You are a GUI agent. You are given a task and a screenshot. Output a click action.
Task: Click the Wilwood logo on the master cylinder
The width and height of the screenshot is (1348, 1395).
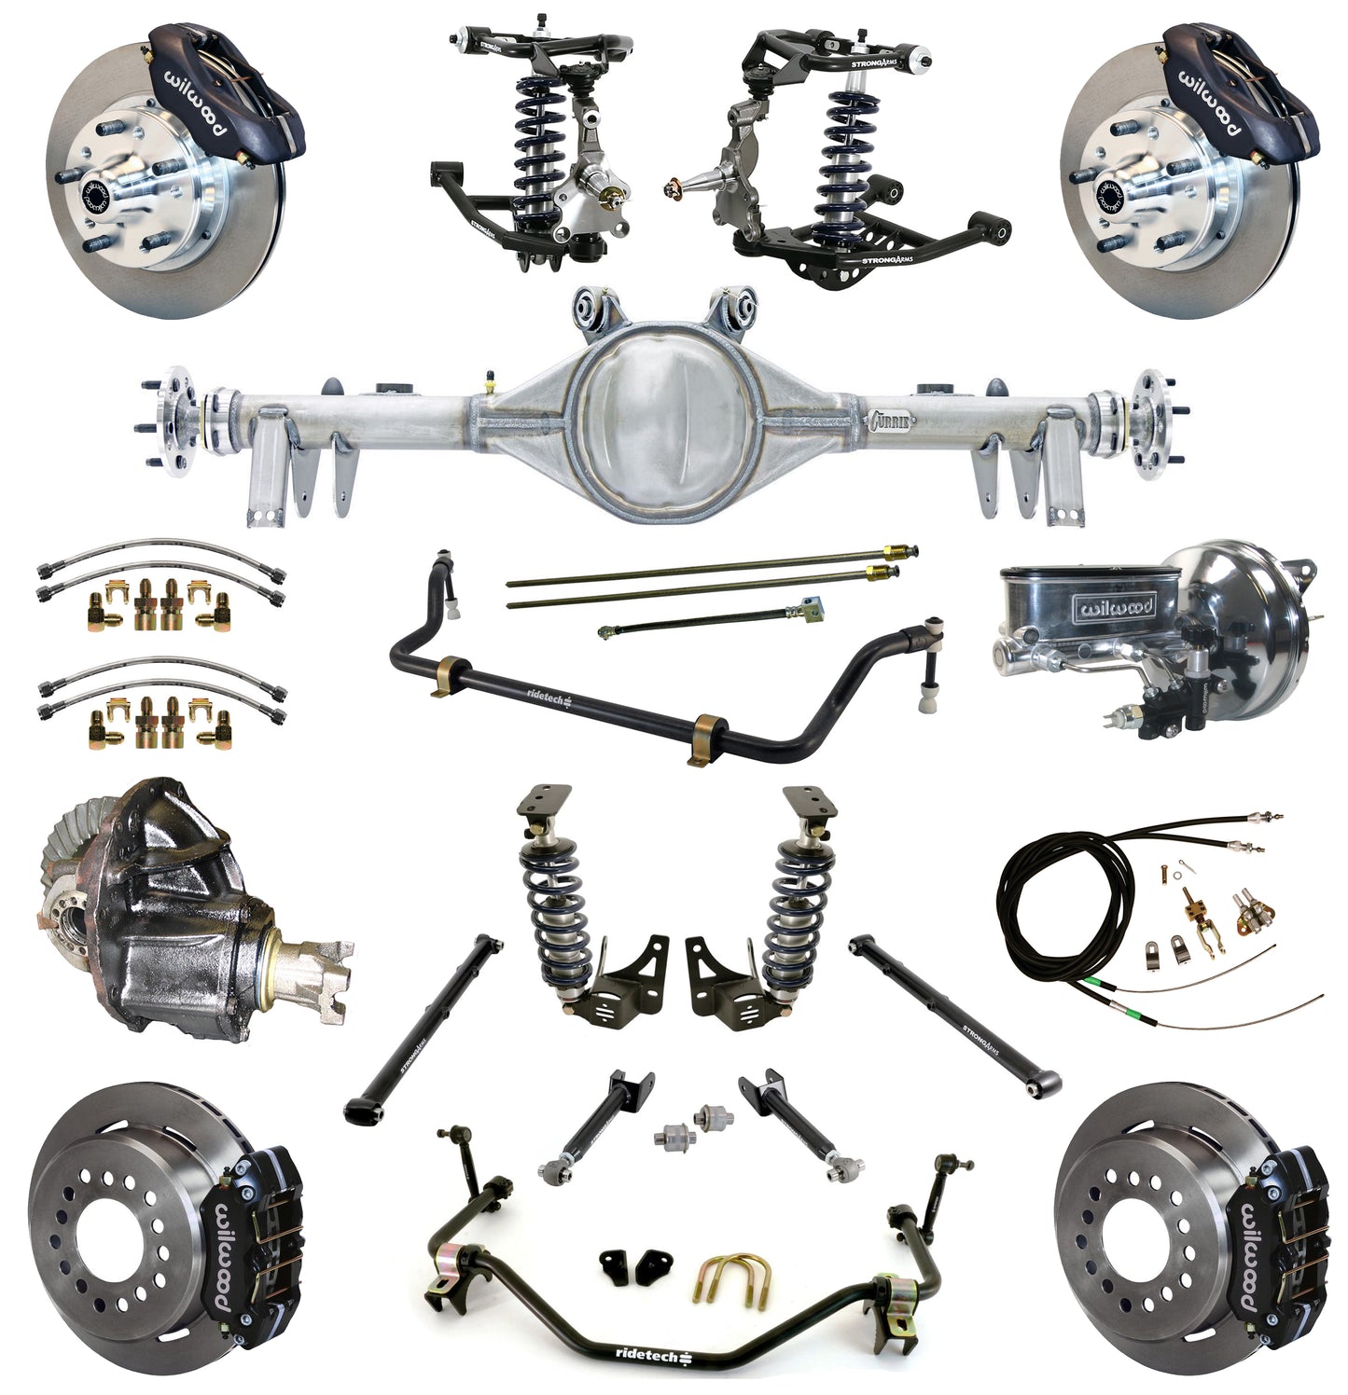1116,608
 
